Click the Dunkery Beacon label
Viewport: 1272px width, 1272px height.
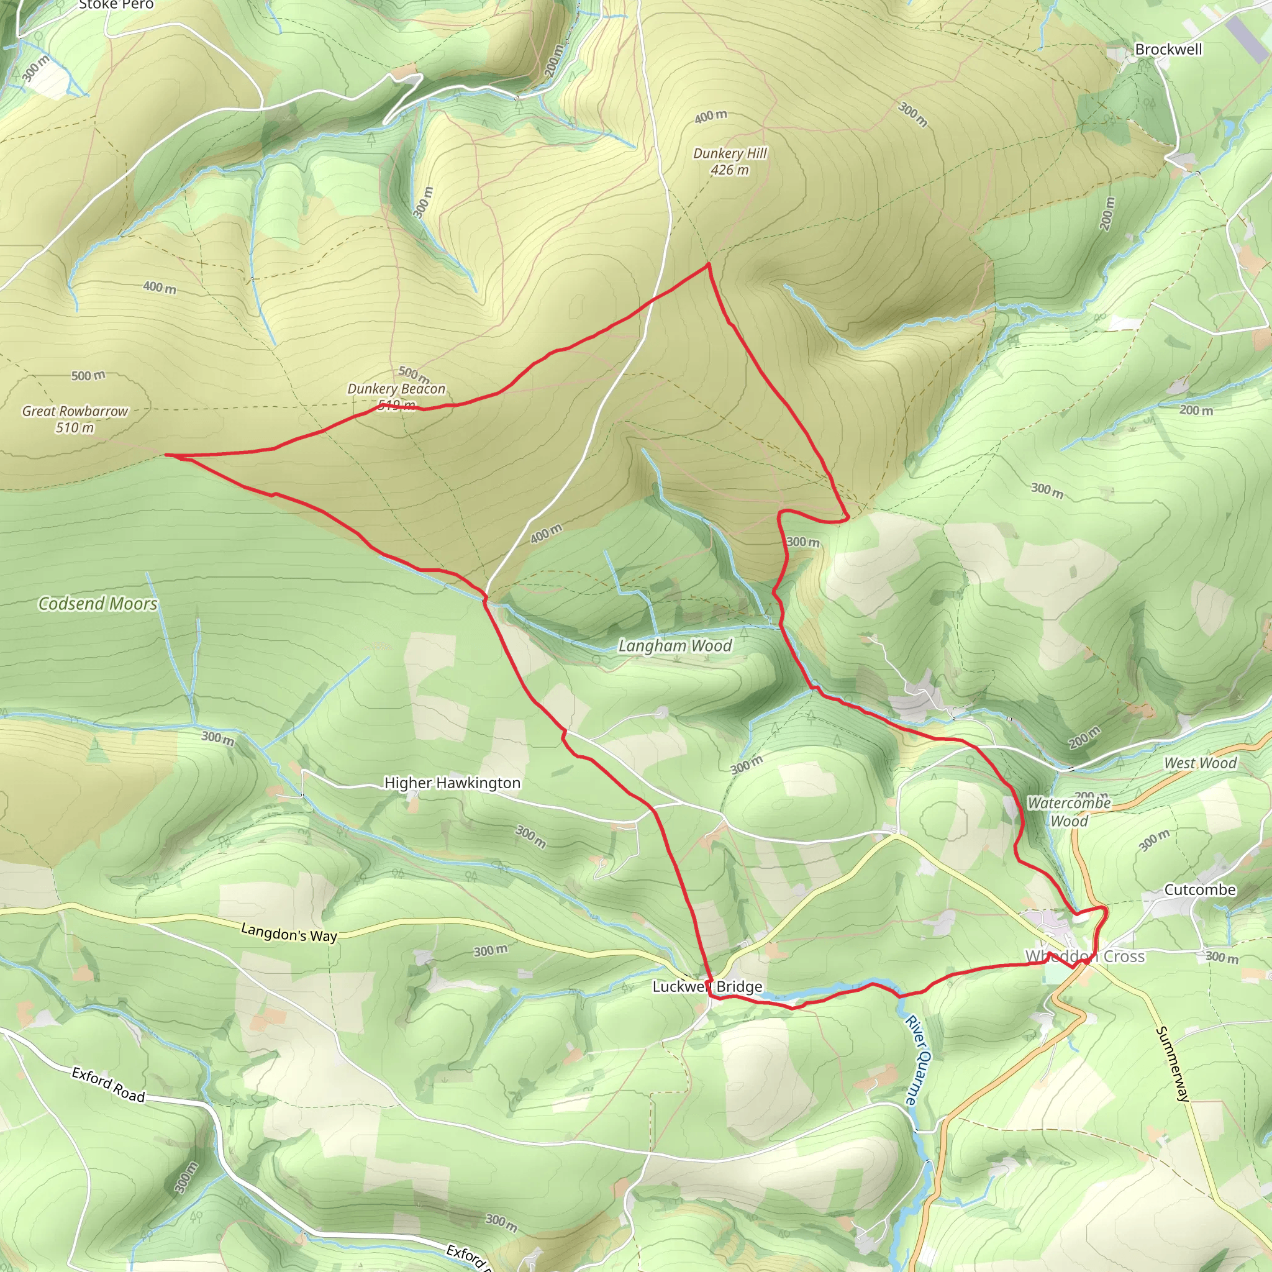pos(396,389)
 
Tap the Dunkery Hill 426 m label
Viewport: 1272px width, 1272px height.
pos(730,161)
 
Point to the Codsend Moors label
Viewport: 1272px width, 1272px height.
pos(98,603)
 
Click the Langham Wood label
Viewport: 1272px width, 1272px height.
pos(675,646)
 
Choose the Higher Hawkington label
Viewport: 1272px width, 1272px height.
pos(452,783)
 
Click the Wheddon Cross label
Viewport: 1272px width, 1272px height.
pos(1084,956)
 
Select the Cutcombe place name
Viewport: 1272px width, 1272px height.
pos(1199,889)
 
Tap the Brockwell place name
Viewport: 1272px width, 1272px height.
pos(1168,50)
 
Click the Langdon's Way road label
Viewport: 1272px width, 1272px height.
pos(289,933)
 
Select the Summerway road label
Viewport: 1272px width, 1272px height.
pos(1173,1064)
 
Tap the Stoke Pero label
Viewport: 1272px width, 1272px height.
pos(116,5)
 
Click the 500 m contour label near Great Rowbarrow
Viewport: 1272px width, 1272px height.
pos(88,375)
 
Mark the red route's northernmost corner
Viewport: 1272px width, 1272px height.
pos(709,264)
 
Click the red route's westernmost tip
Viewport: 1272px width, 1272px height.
pos(166,455)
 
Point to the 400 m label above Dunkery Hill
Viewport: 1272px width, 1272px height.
pos(711,117)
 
